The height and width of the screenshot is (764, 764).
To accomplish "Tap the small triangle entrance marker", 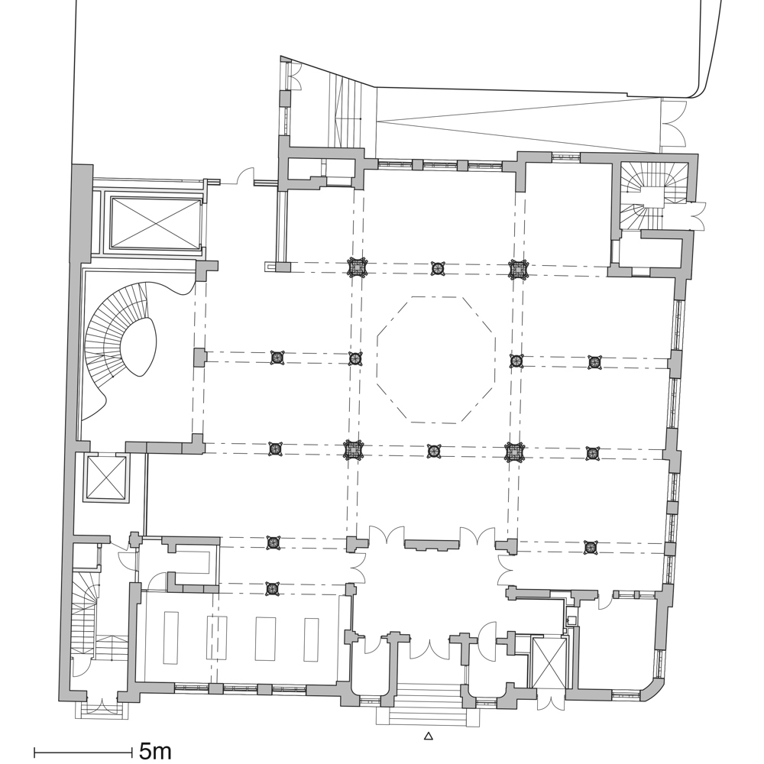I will tap(429, 736).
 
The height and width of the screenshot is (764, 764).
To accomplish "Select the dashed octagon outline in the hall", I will tap(436, 359).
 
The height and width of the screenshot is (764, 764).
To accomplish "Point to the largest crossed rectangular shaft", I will tap(155, 224).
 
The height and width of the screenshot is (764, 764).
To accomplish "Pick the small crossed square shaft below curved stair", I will tap(105, 477).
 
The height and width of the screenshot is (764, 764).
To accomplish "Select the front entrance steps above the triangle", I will tap(428, 703).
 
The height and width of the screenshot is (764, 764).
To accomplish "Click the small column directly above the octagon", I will tap(437, 267).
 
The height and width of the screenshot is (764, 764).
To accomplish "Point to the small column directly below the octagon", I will tap(434, 451).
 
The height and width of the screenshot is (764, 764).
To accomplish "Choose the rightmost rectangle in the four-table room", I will tap(311, 639).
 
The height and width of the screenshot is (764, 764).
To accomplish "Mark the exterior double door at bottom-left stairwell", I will tap(99, 704).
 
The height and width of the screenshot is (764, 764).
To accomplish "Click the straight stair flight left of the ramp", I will tap(348, 107).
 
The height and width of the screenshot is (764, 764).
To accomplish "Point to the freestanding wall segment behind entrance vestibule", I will tap(432, 545).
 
